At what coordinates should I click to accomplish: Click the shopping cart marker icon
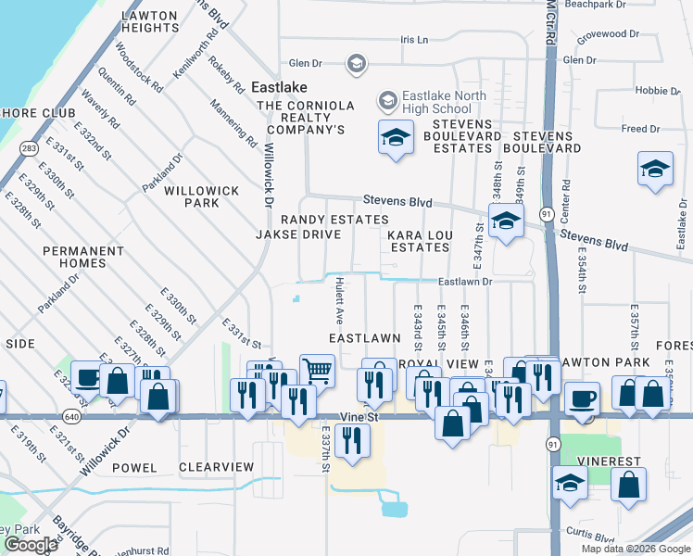tap(317, 371)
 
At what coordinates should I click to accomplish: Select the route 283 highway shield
tap(29, 147)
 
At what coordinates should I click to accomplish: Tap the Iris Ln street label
tap(414, 40)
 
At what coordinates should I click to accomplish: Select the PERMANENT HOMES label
tap(82, 257)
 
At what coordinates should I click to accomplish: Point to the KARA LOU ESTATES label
tap(420, 242)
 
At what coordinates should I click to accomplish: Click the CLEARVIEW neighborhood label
tap(216, 467)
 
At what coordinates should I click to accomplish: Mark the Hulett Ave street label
tap(340, 299)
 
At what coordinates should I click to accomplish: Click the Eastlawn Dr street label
tap(464, 281)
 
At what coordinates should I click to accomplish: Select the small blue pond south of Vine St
tap(393, 506)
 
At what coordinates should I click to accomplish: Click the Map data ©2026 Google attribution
tap(635, 549)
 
